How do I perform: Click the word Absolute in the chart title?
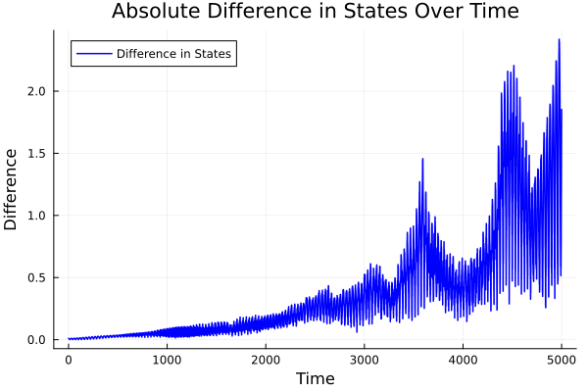[x=153, y=12]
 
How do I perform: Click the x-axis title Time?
[x=315, y=379]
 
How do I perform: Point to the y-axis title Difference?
[x=12, y=189]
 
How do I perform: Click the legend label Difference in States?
[x=173, y=54]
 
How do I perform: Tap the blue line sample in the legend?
[x=92, y=54]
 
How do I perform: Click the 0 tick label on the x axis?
[x=69, y=360]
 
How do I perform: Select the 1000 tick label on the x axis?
[x=167, y=360]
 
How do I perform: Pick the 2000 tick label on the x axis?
[x=266, y=360]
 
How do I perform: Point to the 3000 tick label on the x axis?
[x=365, y=360]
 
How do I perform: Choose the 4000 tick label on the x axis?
[x=463, y=360]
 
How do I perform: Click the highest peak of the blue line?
[x=560, y=40]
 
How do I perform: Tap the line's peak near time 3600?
[x=422, y=159]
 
